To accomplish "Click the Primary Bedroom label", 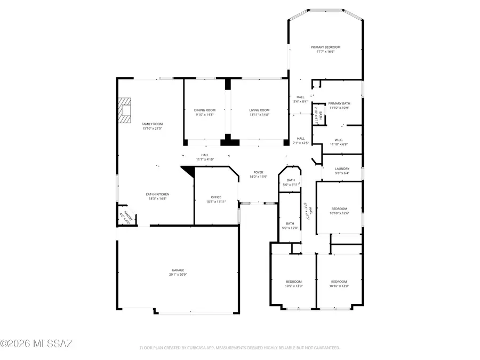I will pyautogui.click(x=325, y=47).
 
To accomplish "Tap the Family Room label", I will pyautogui.click(x=151, y=124).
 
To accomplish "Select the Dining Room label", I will pyautogui.click(x=205, y=110).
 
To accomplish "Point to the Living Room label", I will pyautogui.click(x=259, y=110).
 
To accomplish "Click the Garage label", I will pyautogui.click(x=178, y=270).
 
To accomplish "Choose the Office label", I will pyautogui.click(x=216, y=197).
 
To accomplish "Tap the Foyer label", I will pyautogui.click(x=258, y=172).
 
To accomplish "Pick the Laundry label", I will pyautogui.click(x=342, y=169).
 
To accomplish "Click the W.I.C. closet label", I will pyautogui.click(x=339, y=141).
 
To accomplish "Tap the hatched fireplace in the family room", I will pyautogui.click(x=125, y=110).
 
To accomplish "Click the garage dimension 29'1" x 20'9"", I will pyautogui.click(x=178, y=275).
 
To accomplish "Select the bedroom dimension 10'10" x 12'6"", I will pyautogui.click(x=339, y=213).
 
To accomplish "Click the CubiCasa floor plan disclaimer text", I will pyautogui.click(x=239, y=348).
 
